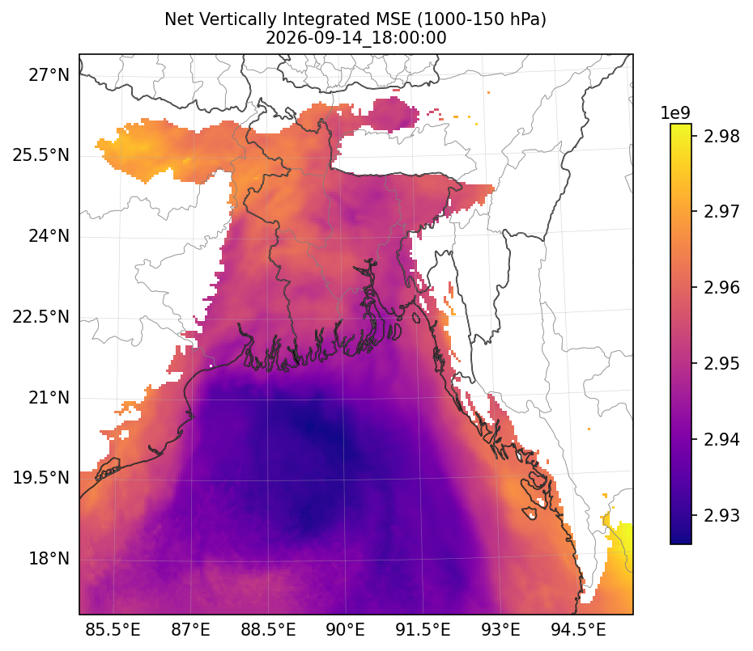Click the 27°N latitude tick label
(x=49, y=75)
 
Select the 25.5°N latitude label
(x=40, y=155)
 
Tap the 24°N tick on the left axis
(x=49, y=236)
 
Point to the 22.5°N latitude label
(x=40, y=317)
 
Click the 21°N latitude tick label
(x=49, y=398)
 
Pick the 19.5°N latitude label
(x=40, y=478)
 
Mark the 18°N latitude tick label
(x=49, y=559)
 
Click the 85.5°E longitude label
(x=113, y=629)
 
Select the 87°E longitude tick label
(x=190, y=629)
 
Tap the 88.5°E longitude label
(x=268, y=629)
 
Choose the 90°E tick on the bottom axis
(x=345, y=629)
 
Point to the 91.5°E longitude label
(x=423, y=629)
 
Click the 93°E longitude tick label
(x=500, y=629)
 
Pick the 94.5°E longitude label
(x=578, y=629)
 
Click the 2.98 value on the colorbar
(x=721, y=136)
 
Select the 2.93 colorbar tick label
(x=721, y=515)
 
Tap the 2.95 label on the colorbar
(x=721, y=364)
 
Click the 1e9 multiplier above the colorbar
(x=675, y=113)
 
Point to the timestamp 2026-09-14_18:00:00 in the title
(x=355, y=37)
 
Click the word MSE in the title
(x=394, y=19)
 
